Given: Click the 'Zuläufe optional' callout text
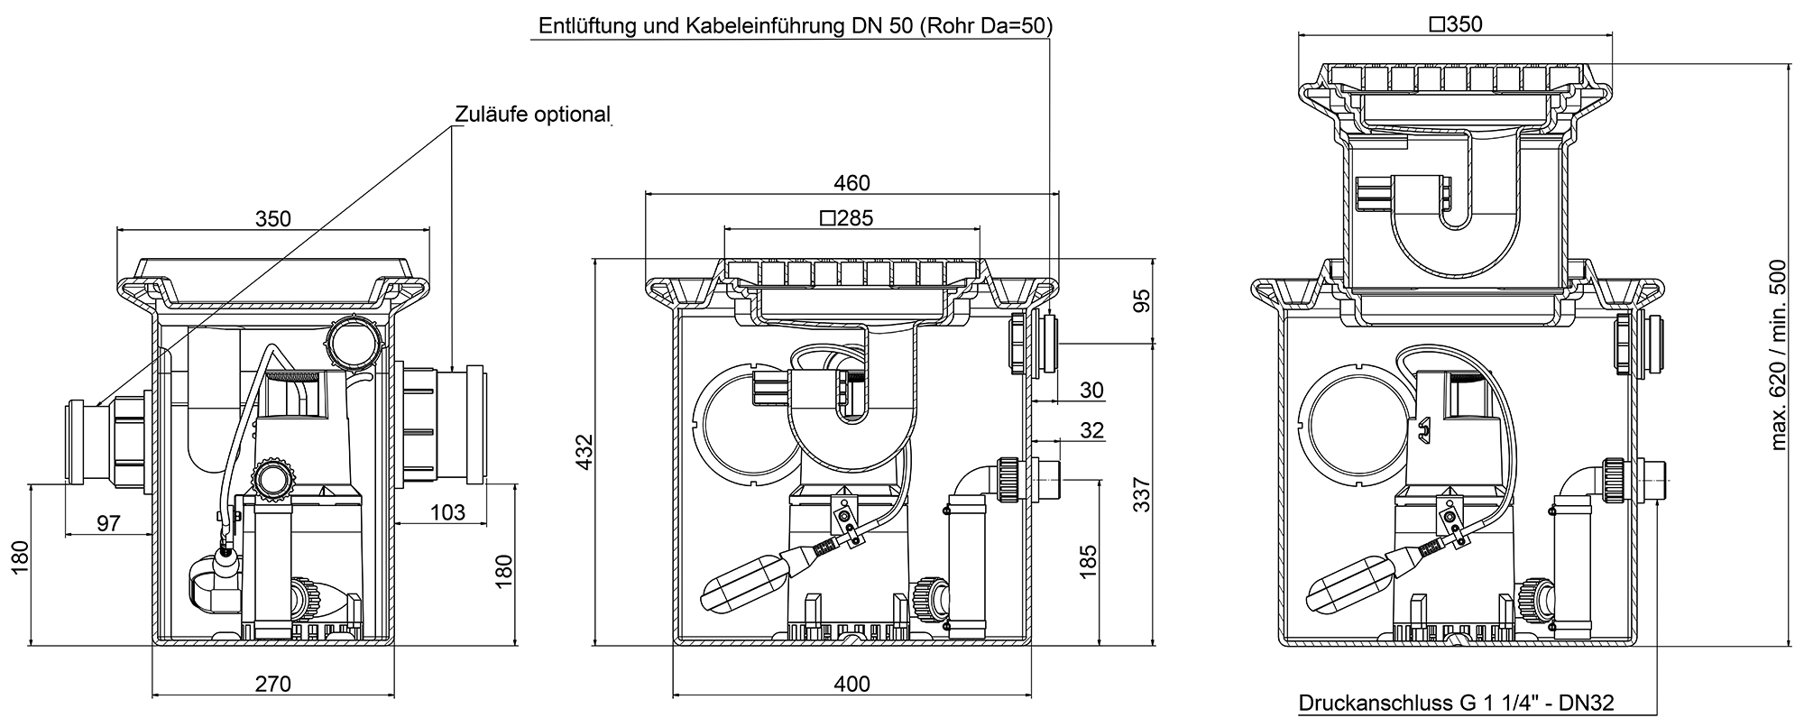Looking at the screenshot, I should (x=532, y=115).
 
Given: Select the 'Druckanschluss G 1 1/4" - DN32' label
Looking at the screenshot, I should (x=1455, y=703).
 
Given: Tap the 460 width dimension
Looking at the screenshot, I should (x=851, y=183).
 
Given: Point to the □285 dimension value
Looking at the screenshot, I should (x=847, y=217).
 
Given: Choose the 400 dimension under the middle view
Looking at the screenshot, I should (x=851, y=684).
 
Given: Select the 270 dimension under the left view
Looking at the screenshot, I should (x=272, y=684).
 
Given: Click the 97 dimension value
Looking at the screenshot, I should (x=108, y=523).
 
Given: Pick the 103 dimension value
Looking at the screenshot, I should (x=447, y=512).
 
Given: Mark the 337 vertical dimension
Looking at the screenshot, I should (x=1142, y=495).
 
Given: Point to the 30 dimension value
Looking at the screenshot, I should (x=1091, y=390).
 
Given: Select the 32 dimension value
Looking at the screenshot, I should (x=1091, y=430).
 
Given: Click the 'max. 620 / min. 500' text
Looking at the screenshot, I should (x=1778, y=355).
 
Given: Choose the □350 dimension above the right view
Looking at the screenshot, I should (x=1456, y=24).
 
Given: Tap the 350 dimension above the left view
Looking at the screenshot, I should (x=272, y=218).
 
